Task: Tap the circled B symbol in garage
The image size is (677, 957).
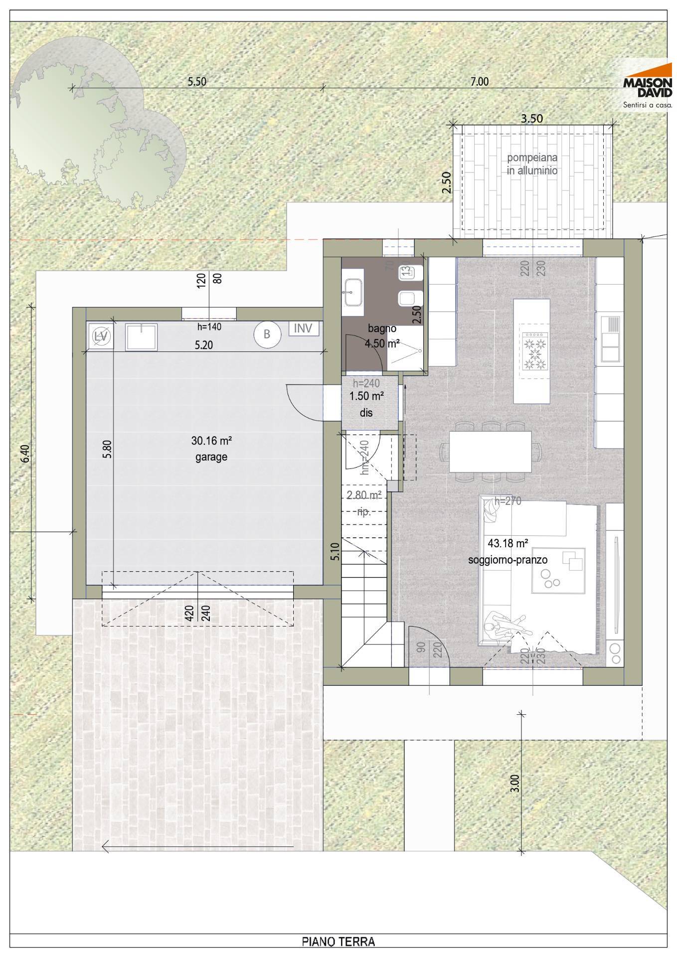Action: tap(267, 334)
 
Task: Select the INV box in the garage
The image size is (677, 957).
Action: tap(303, 328)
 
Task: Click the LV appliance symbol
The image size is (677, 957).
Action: tap(101, 336)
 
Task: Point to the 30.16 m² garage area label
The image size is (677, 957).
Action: tap(211, 441)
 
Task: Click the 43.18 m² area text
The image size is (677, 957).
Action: tap(508, 543)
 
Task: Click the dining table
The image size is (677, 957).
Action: tap(490, 451)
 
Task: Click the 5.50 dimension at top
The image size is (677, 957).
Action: tap(197, 82)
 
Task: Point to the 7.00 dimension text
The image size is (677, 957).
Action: tap(480, 82)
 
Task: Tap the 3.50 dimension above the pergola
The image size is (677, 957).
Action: tap(532, 119)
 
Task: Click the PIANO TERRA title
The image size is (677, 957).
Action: tap(338, 942)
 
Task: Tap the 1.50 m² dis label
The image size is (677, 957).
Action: tap(366, 397)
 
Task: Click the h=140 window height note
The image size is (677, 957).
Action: tap(209, 327)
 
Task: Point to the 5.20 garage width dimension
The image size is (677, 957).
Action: tap(203, 345)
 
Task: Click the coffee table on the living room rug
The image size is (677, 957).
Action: tap(558, 571)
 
